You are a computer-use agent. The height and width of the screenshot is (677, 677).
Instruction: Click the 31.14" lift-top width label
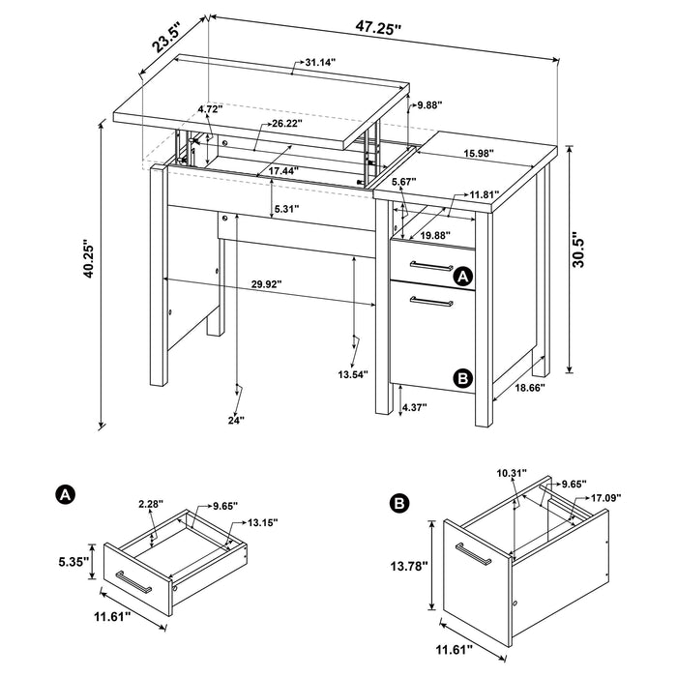(320, 63)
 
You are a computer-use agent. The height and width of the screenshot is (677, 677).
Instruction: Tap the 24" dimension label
(236, 419)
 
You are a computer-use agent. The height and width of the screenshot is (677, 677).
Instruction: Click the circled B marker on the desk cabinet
(463, 378)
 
